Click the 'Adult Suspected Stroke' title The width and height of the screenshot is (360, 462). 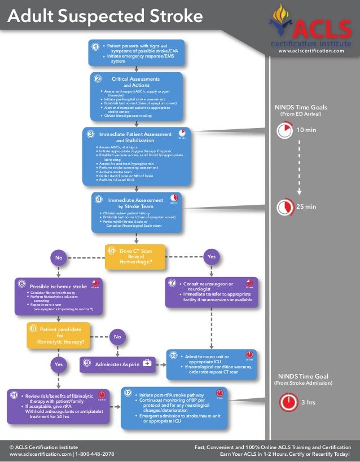pos(104,18)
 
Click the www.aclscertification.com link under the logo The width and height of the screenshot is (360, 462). pos(315,51)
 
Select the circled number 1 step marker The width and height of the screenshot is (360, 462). pos(96,47)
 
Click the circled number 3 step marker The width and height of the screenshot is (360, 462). pos(91,134)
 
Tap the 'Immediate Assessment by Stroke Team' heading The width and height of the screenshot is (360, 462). pos(135,203)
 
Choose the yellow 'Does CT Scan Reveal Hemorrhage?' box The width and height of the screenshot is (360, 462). pos(135,257)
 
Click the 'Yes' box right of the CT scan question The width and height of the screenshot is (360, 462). pos(212,257)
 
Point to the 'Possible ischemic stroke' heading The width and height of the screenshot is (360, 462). pos(58,286)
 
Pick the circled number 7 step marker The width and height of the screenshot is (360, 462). pos(173,283)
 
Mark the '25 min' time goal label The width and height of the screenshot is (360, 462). pos(306,206)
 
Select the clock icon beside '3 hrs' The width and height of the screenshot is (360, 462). pos(288,402)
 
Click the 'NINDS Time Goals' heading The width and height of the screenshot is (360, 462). pos(301,107)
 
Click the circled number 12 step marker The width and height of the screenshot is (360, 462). pos(129,392)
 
